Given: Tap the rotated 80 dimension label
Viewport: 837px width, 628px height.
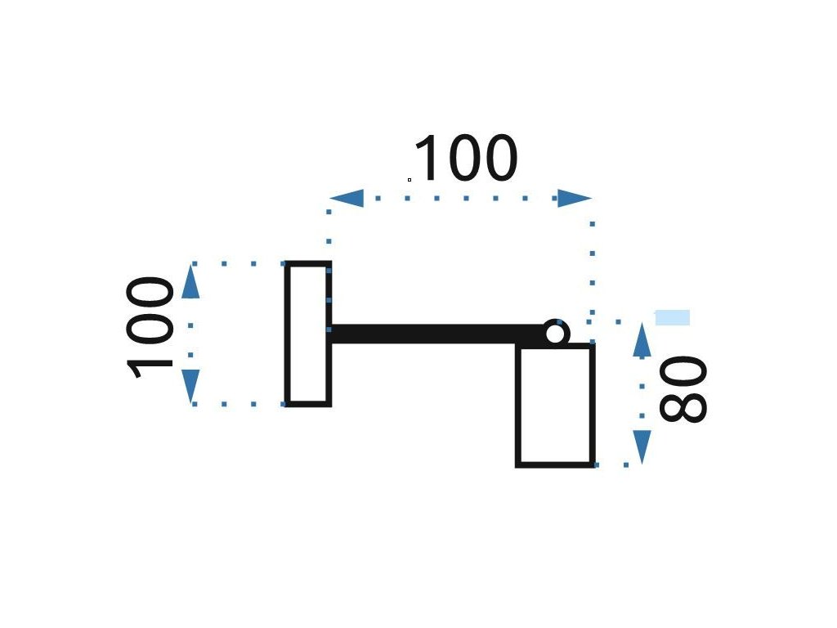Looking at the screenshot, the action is [682, 389].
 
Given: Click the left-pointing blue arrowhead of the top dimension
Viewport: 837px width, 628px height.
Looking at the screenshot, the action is [347, 198].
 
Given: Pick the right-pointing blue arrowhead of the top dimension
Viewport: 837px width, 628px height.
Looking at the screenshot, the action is [574, 198].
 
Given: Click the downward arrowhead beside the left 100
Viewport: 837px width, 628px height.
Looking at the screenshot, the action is [190, 384].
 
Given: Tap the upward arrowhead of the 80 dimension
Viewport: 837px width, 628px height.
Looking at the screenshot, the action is [642, 339].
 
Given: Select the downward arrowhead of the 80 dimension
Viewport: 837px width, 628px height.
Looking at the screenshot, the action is [642, 446].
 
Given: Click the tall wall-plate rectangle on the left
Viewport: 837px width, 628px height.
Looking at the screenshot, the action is [307, 334].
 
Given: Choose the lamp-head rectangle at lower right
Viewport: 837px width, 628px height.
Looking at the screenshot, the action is [555, 406].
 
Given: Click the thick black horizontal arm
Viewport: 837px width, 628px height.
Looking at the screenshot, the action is [433, 334].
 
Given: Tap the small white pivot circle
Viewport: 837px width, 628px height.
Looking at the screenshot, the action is [555, 334].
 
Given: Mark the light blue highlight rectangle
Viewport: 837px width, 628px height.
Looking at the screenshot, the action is [672, 317].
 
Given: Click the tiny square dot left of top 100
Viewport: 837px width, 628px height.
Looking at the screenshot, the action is [410, 178].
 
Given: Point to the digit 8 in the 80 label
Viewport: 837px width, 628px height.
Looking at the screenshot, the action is [682, 407].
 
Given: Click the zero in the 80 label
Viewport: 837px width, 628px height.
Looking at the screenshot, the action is [682, 372].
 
